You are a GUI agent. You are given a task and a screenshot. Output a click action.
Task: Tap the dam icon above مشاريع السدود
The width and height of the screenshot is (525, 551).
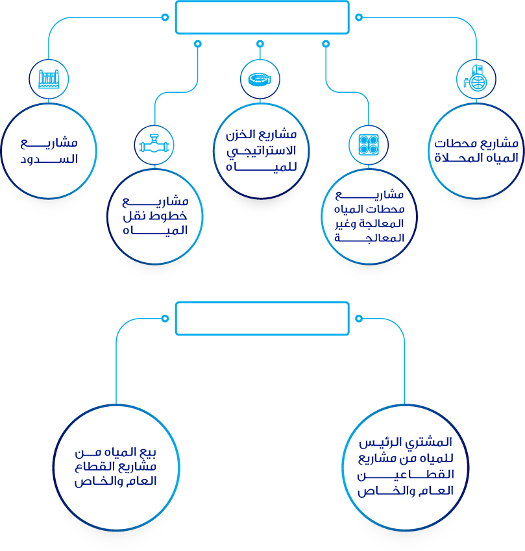49,79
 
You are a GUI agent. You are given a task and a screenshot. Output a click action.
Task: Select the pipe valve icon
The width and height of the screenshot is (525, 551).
154,143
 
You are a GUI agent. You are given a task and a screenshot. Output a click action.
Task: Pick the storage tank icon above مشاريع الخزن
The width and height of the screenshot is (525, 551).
260,79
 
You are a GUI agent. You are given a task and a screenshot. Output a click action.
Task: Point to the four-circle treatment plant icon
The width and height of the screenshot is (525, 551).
367,144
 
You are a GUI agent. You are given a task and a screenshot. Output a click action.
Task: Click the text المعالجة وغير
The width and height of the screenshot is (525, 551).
369,224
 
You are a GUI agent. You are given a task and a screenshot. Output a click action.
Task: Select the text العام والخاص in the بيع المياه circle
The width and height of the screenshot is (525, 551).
117,482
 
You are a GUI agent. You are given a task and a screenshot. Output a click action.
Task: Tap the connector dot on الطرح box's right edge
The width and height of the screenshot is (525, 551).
359,18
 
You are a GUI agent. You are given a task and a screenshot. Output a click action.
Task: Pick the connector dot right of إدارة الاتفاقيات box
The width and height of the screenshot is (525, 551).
359,318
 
